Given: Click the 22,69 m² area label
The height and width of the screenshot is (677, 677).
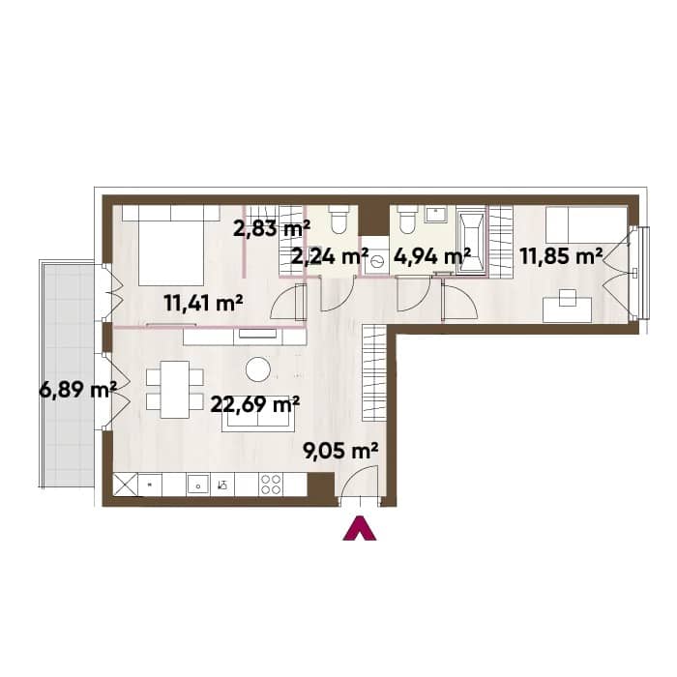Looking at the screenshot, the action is tap(254, 405).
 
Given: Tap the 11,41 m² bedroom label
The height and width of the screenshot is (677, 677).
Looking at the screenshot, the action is tap(203, 303).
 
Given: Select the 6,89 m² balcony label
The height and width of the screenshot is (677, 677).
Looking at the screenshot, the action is tap(77, 391).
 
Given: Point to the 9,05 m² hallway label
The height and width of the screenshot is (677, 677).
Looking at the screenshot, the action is tap(341, 452).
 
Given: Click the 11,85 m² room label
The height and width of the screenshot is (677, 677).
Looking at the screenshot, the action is tap(561, 256).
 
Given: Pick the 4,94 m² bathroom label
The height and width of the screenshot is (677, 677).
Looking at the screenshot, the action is tap(432, 256).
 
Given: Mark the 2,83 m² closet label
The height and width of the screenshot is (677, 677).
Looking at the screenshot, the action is tap(272, 229).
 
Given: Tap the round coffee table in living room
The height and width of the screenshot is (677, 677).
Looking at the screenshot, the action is tap(258, 369).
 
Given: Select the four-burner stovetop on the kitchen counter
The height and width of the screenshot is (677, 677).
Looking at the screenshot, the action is tap(271, 484).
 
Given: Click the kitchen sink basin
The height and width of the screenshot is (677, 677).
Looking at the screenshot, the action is tap(197, 485).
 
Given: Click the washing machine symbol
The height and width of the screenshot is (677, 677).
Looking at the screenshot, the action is tap(375, 263).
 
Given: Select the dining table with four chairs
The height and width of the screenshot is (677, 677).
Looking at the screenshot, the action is tap(175, 390).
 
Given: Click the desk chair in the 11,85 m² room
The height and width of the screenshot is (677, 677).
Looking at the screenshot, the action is tap(568, 298).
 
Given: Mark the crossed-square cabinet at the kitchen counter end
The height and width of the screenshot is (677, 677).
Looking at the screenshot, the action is tap(125, 485).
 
